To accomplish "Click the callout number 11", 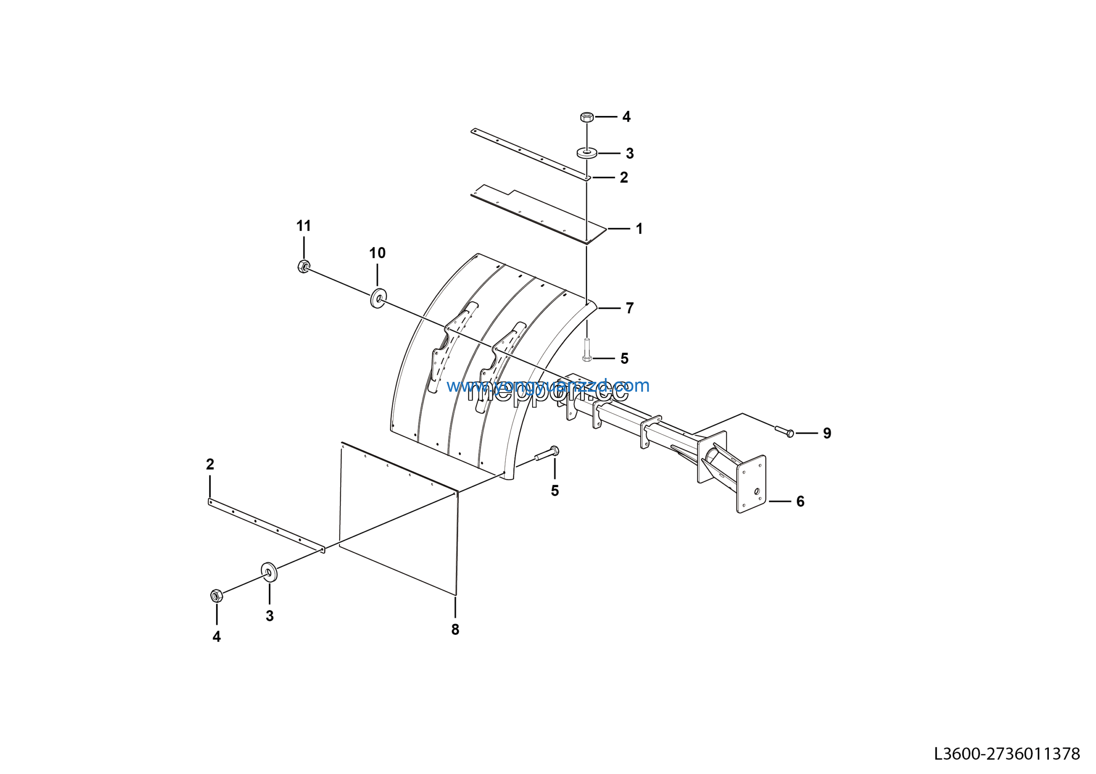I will pyautogui.click(x=304, y=226).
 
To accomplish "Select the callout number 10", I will pyautogui.click(x=377, y=253).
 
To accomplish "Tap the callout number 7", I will pyautogui.click(x=630, y=308).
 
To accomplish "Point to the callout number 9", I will pyautogui.click(x=827, y=433).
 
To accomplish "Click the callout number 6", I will pyautogui.click(x=801, y=502).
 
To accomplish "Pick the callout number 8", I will pyautogui.click(x=455, y=629).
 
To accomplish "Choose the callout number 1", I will pyautogui.click(x=639, y=229).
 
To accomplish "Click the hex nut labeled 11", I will pyautogui.click(x=303, y=266).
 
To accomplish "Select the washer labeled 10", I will pyautogui.click(x=378, y=299).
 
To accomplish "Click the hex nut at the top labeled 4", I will pyautogui.click(x=587, y=117).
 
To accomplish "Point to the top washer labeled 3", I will pyautogui.click(x=587, y=153).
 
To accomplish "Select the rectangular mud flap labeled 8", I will pyautogui.click(x=399, y=518).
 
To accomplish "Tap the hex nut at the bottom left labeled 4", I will pyautogui.click(x=216, y=595).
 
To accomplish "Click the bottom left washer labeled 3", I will pyautogui.click(x=269, y=572).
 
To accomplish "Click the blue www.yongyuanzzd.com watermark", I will pyautogui.click(x=548, y=386).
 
